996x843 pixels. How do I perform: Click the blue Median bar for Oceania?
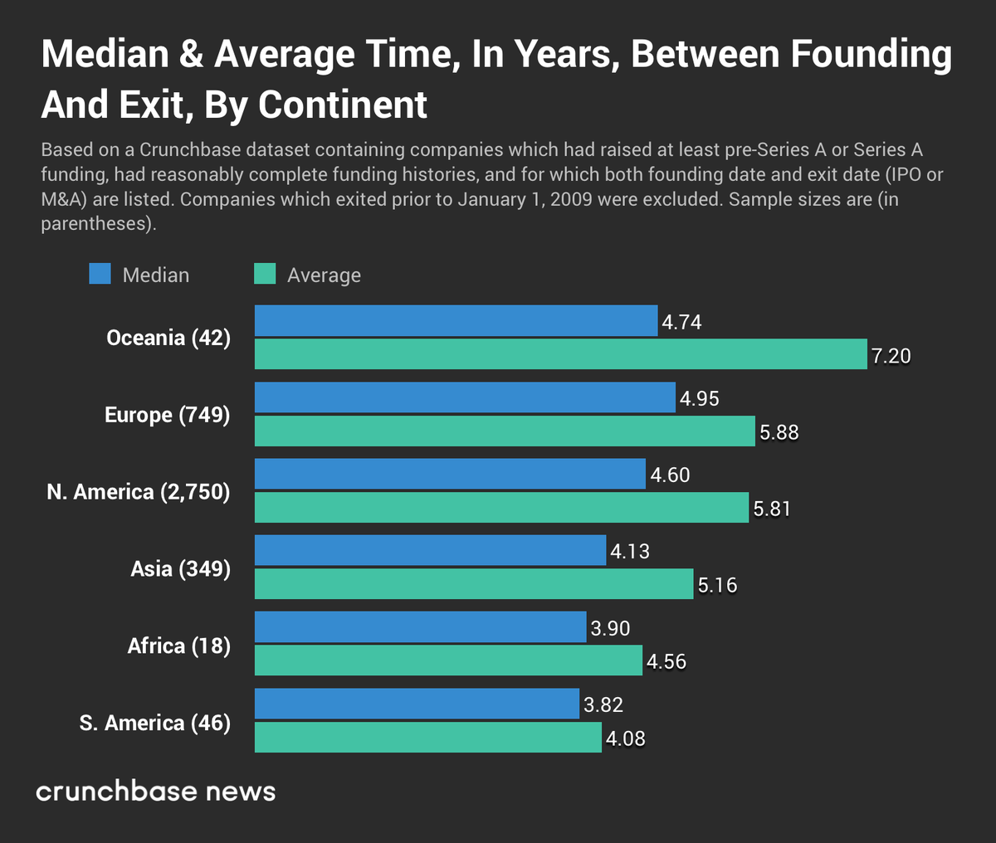click(x=456, y=321)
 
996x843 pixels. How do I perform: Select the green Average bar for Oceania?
click(x=560, y=354)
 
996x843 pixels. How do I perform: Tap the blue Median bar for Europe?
click(x=465, y=397)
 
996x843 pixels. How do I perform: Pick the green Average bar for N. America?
click(x=501, y=508)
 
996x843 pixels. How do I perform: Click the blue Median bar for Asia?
click(x=430, y=551)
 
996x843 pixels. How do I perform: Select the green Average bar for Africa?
click(x=448, y=661)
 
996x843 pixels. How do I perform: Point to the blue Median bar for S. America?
click(x=417, y=704)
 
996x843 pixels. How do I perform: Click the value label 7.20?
click(x=891, y=357)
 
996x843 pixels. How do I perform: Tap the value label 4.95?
click(x=699, y=399)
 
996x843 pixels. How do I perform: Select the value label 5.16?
click(x=717, y=586)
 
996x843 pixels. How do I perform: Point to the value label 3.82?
click(x=603, y=705)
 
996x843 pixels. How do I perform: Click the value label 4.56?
click(x=666, y=662)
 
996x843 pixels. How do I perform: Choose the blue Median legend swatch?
click(x=100, y=275)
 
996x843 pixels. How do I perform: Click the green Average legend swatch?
click(x=264, y=275)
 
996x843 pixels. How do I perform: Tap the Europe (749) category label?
click(x=167, y=415)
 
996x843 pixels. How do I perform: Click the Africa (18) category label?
click(x=178, y=646)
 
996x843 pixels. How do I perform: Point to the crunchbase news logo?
click(x=156, y=792)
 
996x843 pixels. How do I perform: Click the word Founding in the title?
click(x=871, y=55)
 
